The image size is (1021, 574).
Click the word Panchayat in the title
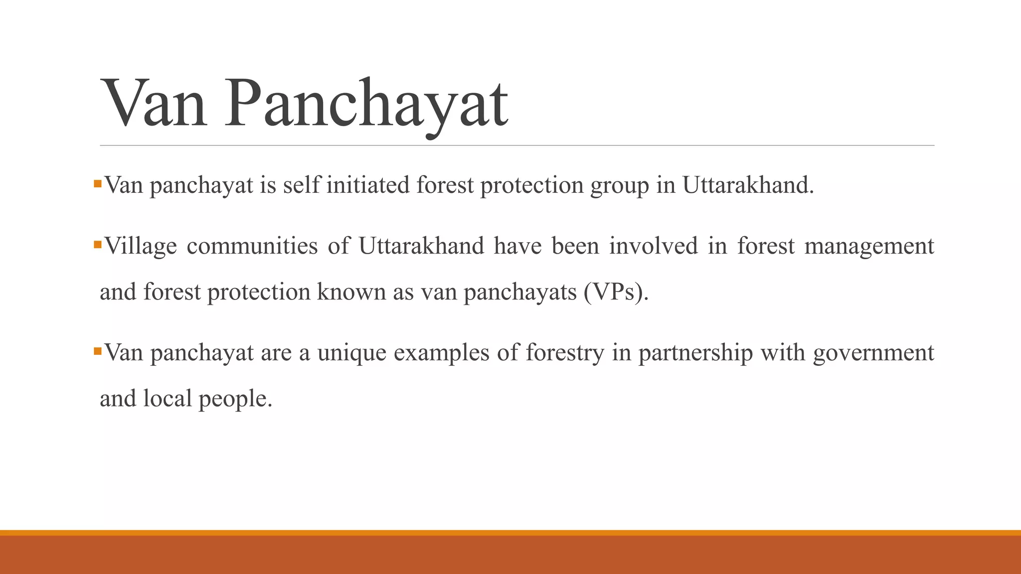366,105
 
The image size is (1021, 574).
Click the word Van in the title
154,105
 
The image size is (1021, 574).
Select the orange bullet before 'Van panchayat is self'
98,184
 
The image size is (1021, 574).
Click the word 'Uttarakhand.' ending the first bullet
748,185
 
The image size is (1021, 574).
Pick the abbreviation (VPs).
616,292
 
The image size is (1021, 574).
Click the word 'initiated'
368,185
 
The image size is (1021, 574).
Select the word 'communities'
252,246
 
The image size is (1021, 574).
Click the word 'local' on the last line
168,399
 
